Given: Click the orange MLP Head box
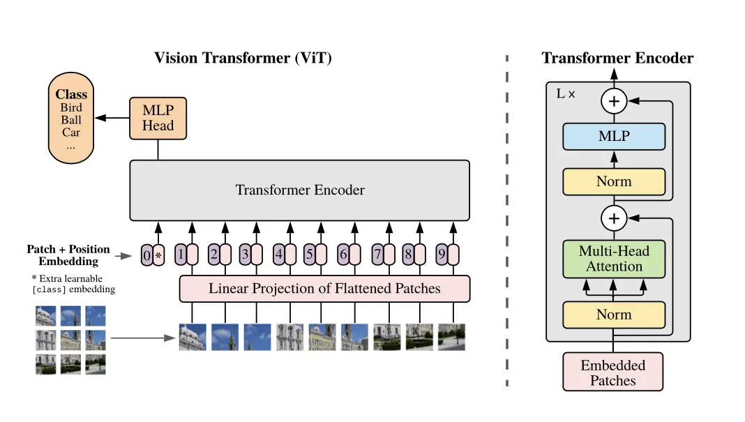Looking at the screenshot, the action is [158, 119].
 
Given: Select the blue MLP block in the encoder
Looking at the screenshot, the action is [614, 137].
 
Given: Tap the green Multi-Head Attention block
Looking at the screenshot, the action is [614, 259].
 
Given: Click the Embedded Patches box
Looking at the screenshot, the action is [613, 372].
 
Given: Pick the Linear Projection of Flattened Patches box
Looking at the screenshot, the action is [324, 289].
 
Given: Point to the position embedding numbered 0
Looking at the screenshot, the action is [146, 255].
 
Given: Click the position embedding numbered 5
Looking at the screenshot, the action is [309, 254].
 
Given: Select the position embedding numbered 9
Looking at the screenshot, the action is [442, 254].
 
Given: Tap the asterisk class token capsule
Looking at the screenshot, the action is [158, 255].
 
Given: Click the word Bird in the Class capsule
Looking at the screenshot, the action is [70, 107].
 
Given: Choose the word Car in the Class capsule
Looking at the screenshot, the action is [70, 132].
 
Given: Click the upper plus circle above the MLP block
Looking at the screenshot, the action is [614, 101].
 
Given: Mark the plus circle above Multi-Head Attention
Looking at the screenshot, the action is [614, 218].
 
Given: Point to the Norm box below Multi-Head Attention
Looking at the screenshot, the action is [614, 315].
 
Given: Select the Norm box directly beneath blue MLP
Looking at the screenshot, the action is [614, 181].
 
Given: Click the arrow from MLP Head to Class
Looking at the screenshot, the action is [112, 118].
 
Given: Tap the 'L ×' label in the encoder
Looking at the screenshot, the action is [566, 93].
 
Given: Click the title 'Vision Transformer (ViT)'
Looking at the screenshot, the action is [243, 58].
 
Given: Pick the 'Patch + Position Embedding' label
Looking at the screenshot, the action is [68, 255].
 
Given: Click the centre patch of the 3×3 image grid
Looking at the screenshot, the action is [70, 340].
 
